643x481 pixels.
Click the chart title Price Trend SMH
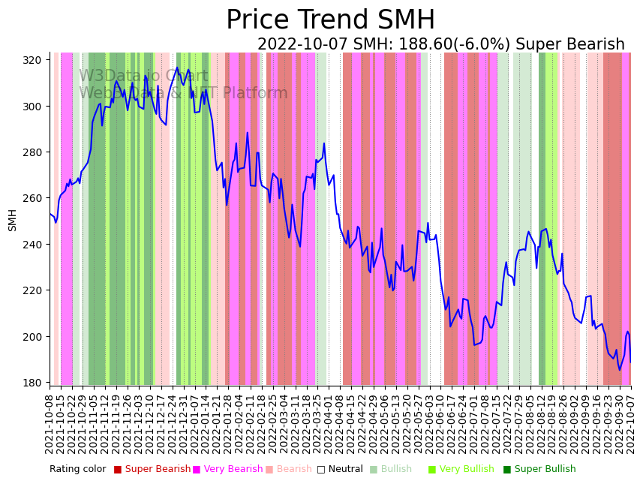(330, 20)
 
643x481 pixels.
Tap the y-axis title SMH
(12, 220)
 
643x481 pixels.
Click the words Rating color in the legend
(78, 470)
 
